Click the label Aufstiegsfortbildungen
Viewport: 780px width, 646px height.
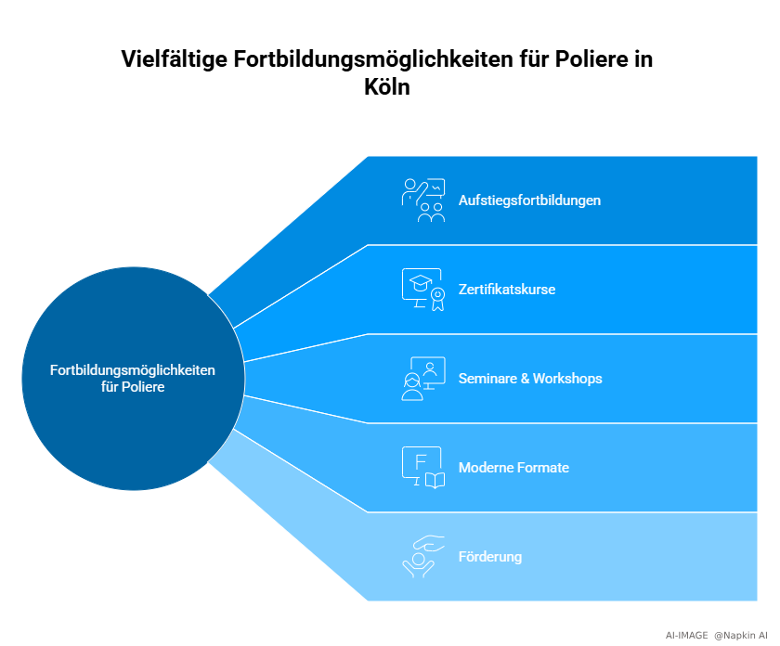[x=529, y=200]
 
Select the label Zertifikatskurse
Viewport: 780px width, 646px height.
[x=507, y=290]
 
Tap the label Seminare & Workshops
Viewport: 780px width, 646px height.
[x=530, y=379]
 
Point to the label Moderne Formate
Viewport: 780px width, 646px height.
[x=513, y=468]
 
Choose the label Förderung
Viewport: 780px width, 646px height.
[x=490, y=557]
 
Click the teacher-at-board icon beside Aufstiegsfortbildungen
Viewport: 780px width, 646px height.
[x=422, y=200]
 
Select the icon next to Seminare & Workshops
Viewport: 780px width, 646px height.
[x=422, y=379]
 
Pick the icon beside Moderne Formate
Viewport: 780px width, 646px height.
[x=422, y=468]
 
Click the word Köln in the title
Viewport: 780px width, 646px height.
[x=386, y=88]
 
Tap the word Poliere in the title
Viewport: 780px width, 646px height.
[x=591, y=60]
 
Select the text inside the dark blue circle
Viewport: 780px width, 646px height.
[x=133, y=379]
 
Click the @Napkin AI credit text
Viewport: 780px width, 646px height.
[x=740, y=635]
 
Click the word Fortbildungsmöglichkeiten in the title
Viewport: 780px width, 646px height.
[x=379, y=60]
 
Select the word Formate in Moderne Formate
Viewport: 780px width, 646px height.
[x=542, y=468]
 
